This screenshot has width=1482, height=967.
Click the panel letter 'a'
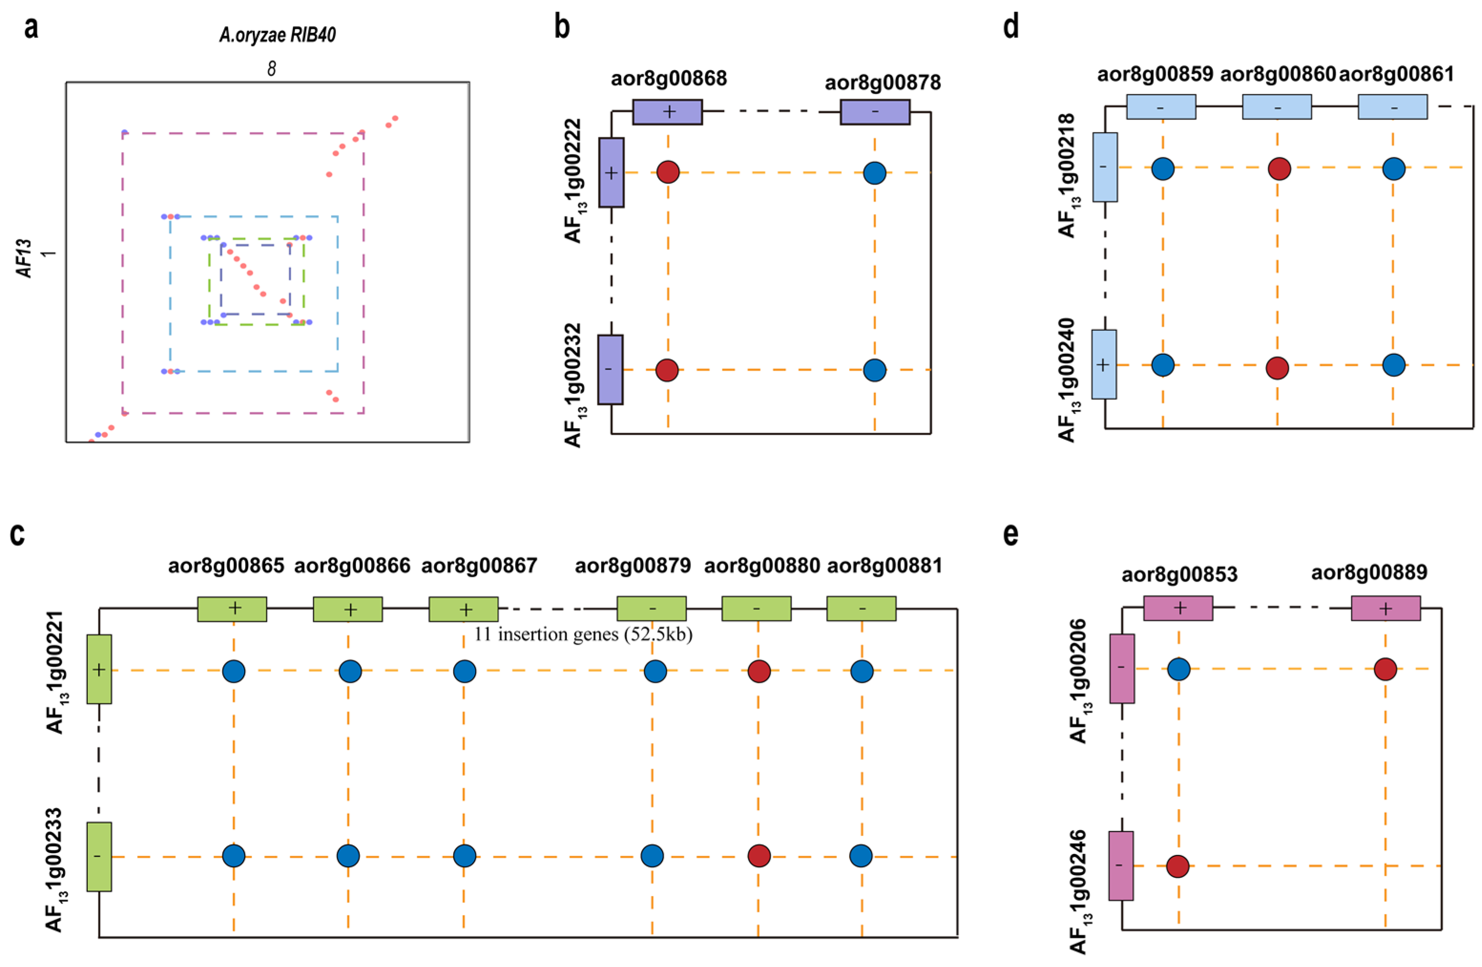(x=31, y=29)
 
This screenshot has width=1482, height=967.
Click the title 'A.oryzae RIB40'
(x=277, y=35)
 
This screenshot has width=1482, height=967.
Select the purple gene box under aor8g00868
(x=667, y=112)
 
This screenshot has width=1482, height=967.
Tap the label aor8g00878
(x=882, y=82)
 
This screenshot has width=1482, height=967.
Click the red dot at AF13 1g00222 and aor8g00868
(x=668, y=172)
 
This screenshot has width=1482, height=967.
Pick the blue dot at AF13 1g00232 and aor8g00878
(x=874, y=370)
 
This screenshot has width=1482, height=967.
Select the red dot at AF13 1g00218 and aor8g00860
(x=1279, y=168)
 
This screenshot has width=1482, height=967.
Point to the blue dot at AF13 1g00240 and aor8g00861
(x=1394, y=365)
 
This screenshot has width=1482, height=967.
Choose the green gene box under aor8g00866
(x=347, y=609)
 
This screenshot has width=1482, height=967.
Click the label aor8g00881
(x=884, y=566)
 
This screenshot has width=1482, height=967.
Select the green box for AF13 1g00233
(x=99, y=857)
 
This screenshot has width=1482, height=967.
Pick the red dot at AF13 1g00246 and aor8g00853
(x=1178, y=866)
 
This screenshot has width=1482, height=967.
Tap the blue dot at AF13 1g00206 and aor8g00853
(x=1179, y=669)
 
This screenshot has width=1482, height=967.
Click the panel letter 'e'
(x=1011, y=534)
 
